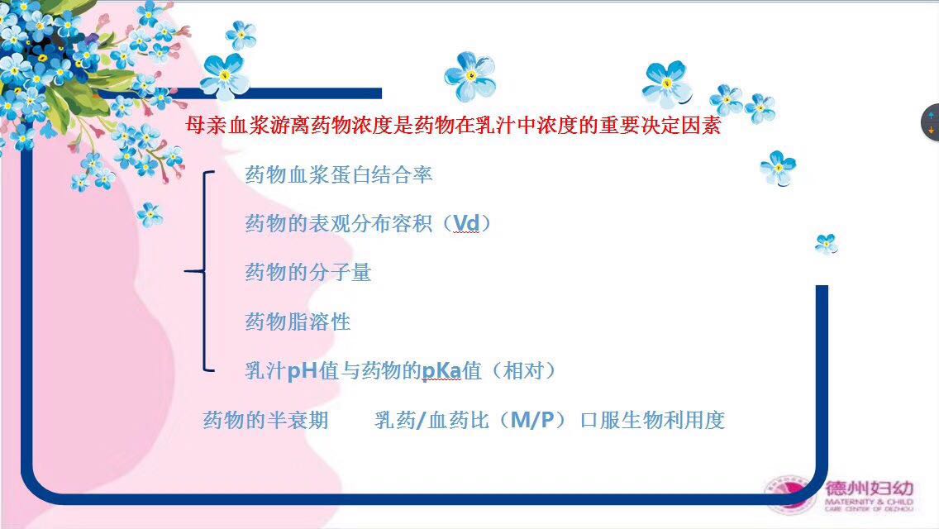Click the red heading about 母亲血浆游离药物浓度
coord(453,126)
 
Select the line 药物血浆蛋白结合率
coord(338,175)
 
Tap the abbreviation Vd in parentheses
coord(466,223)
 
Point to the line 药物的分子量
coord(307,273)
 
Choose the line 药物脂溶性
coord(297,322)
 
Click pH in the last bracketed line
coord(302,371)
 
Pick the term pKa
coord(442,371)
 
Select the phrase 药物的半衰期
coord(265,420)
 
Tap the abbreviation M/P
coord(532,420)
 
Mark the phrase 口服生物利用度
coord(652,420)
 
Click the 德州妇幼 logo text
coord(870,488)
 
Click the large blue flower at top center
coord(470,75)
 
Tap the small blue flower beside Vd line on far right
coord(827,244)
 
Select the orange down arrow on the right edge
coord(932,130)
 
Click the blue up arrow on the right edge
coord(932,114)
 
